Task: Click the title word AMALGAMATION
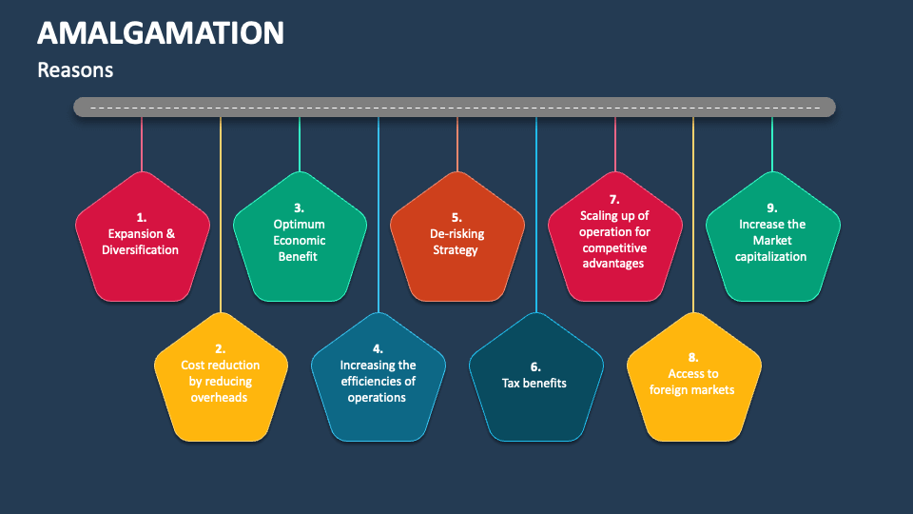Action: (x=161, y=33)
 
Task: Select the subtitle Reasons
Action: (x=75, y=69)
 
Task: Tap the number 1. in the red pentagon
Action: (x=142, y=217)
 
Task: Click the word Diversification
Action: (x=141, y=249)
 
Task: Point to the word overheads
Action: (x=219, y=398)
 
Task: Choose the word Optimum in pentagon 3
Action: (x=300, y=225)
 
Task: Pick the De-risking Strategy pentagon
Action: (x=457, y=237)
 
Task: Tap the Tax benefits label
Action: (x=534, y=383)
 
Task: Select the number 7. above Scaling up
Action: (x=614, y=199)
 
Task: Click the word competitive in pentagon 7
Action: (x=614, y=247)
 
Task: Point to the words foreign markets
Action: (x=691, y=390)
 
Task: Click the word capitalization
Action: (x=770, y=256)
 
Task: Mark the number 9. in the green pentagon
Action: (x=772, y=208)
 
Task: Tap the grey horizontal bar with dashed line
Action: (x=455, y=108)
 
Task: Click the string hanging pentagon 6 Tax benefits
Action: (x=536, y=214)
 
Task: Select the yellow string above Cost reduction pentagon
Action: (x=221, y=214)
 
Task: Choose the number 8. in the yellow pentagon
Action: (x=693, y=357)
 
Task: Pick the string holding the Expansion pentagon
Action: (x=142, y=144)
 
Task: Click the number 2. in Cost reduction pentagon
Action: (x=220, y=349)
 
